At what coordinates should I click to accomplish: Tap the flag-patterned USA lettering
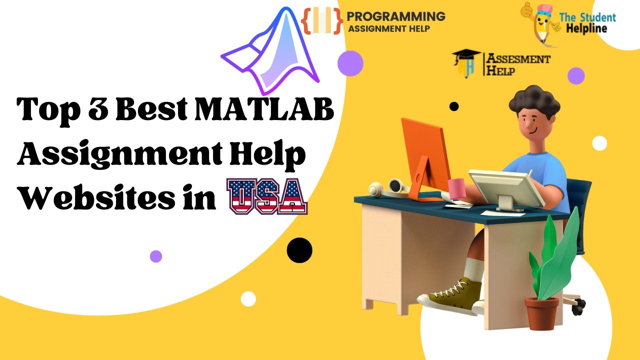click(267, 196)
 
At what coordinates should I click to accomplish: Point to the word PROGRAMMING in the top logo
click(396, 16)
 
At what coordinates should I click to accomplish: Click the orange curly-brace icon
click(322, 20)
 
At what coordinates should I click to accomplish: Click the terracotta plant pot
click(541, 313)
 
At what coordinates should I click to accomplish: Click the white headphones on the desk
click(389, 188)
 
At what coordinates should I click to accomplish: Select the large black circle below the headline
click(299, 250)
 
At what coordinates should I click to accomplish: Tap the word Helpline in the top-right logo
click(587, 28)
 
